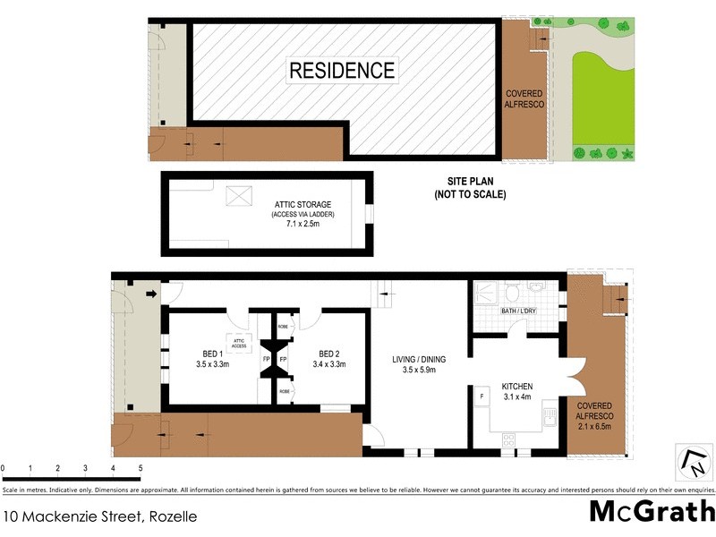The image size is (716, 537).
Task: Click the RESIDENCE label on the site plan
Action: click(x=341, y=70)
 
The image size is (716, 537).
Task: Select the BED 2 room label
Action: click(x=326, y=359)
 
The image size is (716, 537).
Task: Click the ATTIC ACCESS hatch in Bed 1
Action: click(x=239, y=343)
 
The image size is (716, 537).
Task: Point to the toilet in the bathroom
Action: click(x=512, y=292)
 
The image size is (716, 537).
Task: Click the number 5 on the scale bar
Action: click(x=141, y=468)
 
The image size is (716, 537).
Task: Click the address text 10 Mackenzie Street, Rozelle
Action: click(x=99, y=516)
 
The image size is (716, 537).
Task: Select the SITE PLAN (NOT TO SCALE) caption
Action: click(x=470, y=187)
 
